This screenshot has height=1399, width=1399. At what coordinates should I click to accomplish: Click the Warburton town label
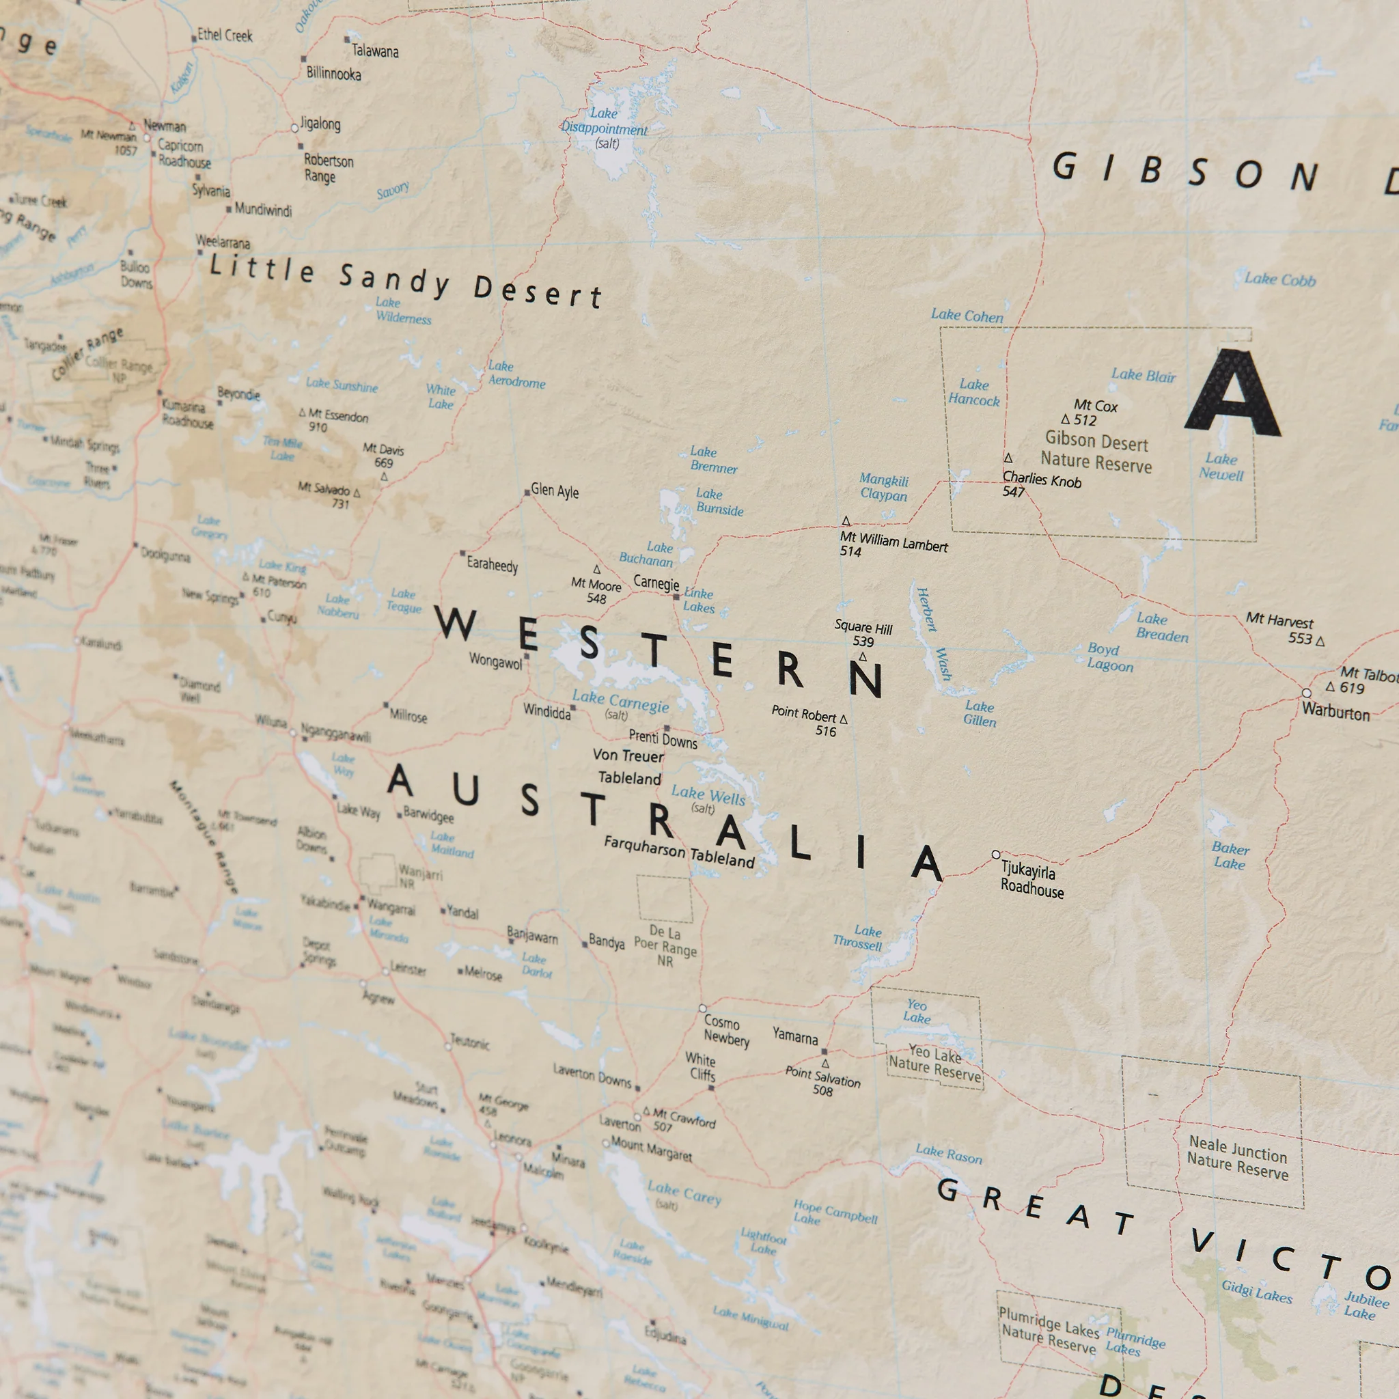(x=1335, y=712)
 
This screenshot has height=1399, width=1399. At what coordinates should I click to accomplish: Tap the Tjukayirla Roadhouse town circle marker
(x=996, y=855)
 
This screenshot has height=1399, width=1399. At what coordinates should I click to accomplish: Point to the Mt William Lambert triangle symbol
(x=846, y=521)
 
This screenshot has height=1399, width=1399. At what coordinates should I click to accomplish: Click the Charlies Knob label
(x=1041, y=480)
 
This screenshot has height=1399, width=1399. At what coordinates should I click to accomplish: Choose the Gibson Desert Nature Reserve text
(x=1096, y=451)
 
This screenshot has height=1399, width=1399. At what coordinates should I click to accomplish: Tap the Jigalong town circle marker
(x=294, y=128)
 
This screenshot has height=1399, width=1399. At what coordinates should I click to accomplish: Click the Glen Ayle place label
(x=555, y=491)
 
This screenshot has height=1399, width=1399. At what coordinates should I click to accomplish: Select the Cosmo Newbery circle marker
(x=702, y=1009)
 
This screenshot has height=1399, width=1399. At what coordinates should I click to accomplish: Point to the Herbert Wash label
(x=934, y=634)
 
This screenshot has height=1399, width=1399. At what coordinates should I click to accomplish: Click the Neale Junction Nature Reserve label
(x=1238, y=1157)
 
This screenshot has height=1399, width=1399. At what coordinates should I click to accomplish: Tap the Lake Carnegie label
(x=620, y=700)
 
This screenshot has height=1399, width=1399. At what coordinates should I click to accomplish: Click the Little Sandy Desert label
(x=406, y=281)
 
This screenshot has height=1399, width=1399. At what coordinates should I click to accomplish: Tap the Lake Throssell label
(x=858, y=937)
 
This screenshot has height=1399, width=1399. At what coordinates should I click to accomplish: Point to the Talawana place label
(x=375, y=51)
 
